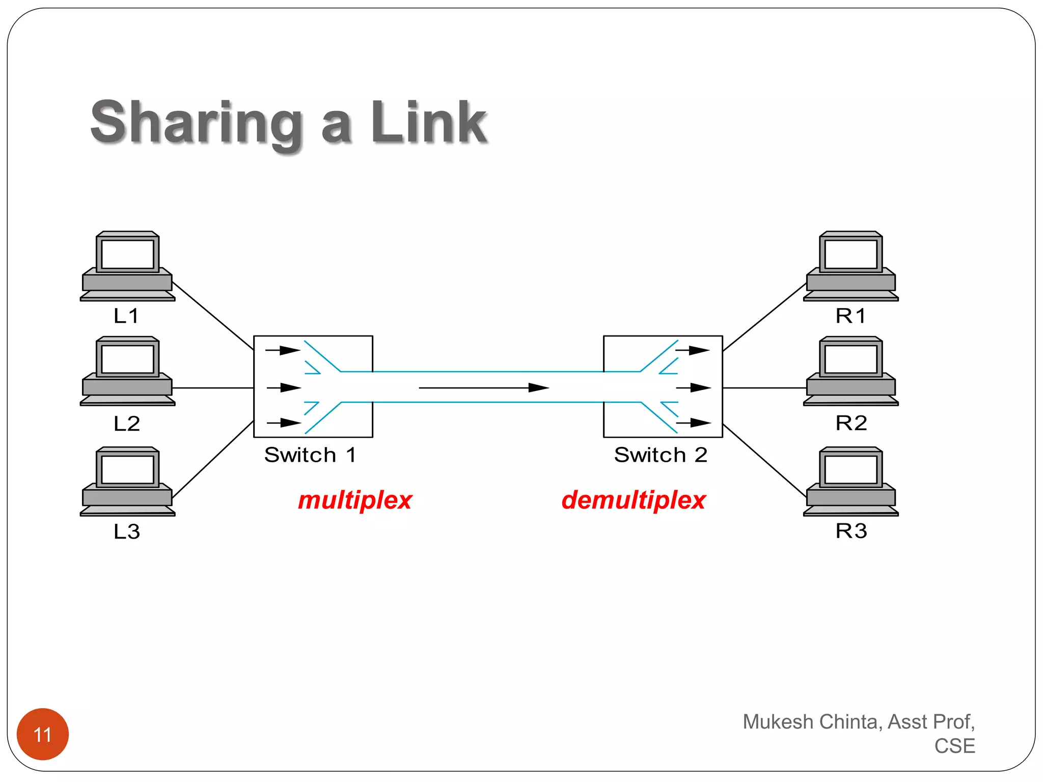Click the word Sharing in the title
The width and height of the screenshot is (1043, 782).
(x=196, y=123)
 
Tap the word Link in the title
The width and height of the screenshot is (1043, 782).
(x=429, y=123)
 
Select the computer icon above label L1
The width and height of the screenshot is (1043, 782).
(x=127, y=266)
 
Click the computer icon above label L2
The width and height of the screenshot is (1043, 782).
(x=127, y=371)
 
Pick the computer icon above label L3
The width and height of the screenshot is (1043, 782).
(x=127, y=481)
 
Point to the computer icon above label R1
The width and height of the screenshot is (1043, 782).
(x=850, y=266)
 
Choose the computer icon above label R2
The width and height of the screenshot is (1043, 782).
(x=850, y=371)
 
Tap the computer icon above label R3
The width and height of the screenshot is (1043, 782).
(x=850, y=481)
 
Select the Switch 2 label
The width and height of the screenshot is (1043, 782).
(x=661, y=455)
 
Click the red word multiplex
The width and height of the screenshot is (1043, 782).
(x=355, y=500)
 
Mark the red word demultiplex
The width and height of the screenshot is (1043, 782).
(x=634, y=500)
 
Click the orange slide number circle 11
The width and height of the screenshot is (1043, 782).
(x=43, y=734)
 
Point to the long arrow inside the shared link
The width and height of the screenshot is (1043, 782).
(x=484, y=388)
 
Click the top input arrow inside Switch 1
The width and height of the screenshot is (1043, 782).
(x=283, y=350)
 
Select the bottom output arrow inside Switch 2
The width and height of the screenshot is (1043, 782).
(x=693, y=423)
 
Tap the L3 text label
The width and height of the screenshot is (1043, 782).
(x=126, y=532)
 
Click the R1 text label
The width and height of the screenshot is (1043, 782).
(x=850, y=316)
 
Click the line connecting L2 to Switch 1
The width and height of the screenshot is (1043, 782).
(x=213, y=388)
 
